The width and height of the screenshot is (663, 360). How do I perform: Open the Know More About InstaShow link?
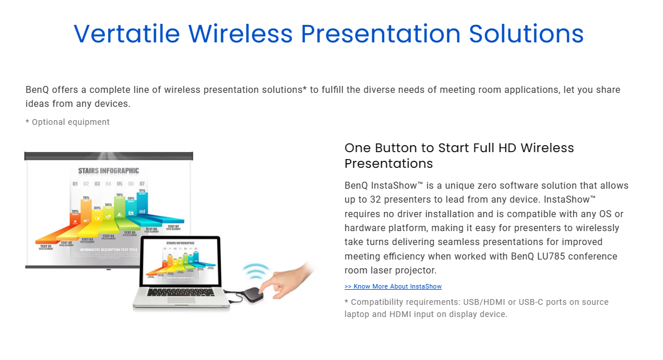click(393, 286)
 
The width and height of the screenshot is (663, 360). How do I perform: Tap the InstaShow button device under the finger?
click(252, 293)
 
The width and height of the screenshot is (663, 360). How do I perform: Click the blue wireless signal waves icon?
click(256, 271)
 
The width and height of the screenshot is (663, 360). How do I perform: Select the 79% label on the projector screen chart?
click(86, 198)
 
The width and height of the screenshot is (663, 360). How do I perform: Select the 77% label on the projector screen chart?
click(142, 190)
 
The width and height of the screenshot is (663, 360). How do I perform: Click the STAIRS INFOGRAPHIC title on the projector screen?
click(109, 171)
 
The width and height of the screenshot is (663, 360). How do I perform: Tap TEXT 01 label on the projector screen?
click(46, 247)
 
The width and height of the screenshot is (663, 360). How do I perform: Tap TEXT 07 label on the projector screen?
click(173, 226)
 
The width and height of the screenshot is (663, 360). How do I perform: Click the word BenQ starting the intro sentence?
click(38, 90)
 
